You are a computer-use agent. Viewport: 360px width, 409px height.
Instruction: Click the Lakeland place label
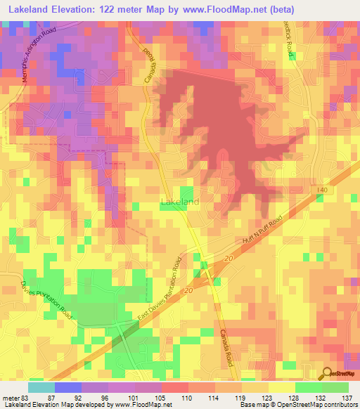click(x=179, y=202)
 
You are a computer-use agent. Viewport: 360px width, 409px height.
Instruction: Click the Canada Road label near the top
click(x=148, y=60)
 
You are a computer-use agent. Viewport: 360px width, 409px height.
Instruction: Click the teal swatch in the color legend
click(x=41, y=387)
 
